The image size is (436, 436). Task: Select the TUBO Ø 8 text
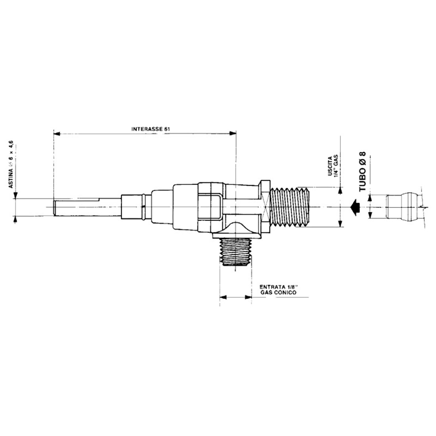tap(362, 171)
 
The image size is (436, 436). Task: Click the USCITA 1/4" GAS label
tap(332, 169)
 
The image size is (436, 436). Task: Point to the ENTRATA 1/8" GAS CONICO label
tap(279, 289)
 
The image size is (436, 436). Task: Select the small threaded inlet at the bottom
tap(235, 252)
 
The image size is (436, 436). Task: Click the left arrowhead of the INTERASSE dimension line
tap(57, 134)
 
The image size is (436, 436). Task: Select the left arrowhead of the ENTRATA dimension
tap(223, 297)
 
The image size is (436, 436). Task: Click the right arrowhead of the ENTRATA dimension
tap(249, 297)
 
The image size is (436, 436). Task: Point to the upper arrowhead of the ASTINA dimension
tap(15, 195)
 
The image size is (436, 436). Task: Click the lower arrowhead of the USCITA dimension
tap(340, 224)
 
